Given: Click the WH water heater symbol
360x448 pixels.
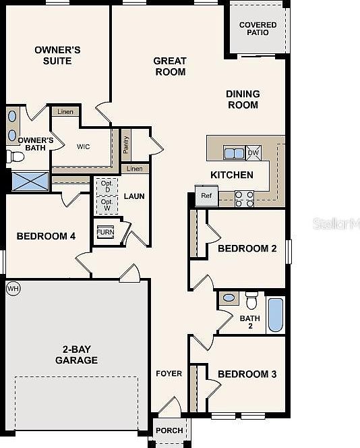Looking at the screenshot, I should (x=12, y=289).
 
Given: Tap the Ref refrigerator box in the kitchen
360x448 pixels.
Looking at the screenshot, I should (x=206, y=197).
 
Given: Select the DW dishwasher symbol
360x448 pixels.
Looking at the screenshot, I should (x=253, y=152).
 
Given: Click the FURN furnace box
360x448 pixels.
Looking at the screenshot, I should (x=105, y=231).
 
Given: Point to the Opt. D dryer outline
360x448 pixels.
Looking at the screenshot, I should (x=107, y=186).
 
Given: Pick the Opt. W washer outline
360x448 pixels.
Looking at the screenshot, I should (x=107, y=204).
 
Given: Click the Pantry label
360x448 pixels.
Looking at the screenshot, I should (x=126, y=144).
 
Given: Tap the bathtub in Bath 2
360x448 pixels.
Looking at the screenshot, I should (x=276, y=314).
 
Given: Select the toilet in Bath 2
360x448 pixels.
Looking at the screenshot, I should (x=251, y=298).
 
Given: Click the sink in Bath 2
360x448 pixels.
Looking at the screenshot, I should (x=229, y=298).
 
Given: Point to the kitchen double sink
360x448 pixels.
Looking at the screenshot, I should (x=233, y=153).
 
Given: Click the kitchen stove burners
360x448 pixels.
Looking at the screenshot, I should (x=244, y=198).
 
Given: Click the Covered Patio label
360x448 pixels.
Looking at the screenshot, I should (x=258, y=28).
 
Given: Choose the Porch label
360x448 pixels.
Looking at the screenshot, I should (x=169, y=430).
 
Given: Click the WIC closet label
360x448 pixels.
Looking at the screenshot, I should (x=84, y=146).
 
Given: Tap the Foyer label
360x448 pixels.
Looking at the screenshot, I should (x=169, y=374).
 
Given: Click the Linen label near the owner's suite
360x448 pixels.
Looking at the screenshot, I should (x=65, y=112).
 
